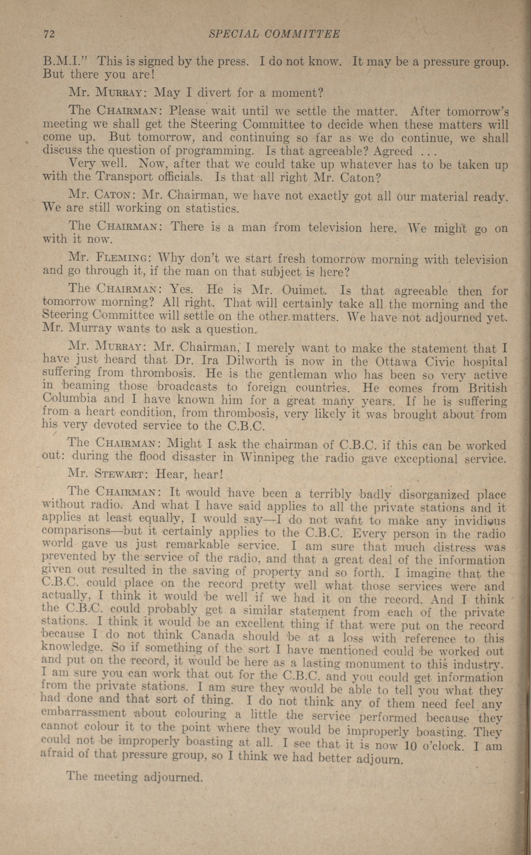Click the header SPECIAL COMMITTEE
(274, 34)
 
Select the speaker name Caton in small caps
(113, 194)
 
